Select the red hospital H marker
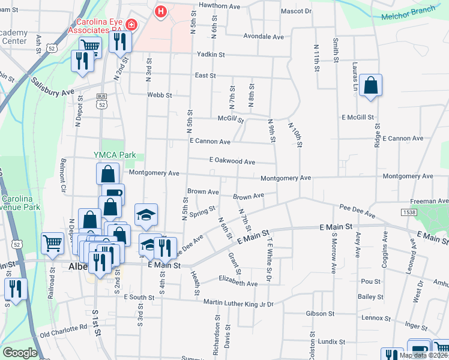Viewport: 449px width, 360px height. pyautogui.click(x=161, y=11)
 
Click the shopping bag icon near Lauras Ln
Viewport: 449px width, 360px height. pyautogui.click(x=371, y=86)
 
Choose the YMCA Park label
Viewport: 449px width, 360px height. pyautogui.click(x=115, y=155)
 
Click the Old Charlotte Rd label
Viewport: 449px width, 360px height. pyautogui.click(x=63, y=329)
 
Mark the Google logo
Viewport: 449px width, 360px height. pyautogui.click(x=19, y=353)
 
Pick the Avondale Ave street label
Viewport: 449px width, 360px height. pyautogui.click(x=264, y=37)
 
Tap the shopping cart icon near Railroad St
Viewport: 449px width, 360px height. pyautogui.click(x=52, y=243)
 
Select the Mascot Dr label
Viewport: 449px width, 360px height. pyautogui.click(x=297, y=11)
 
